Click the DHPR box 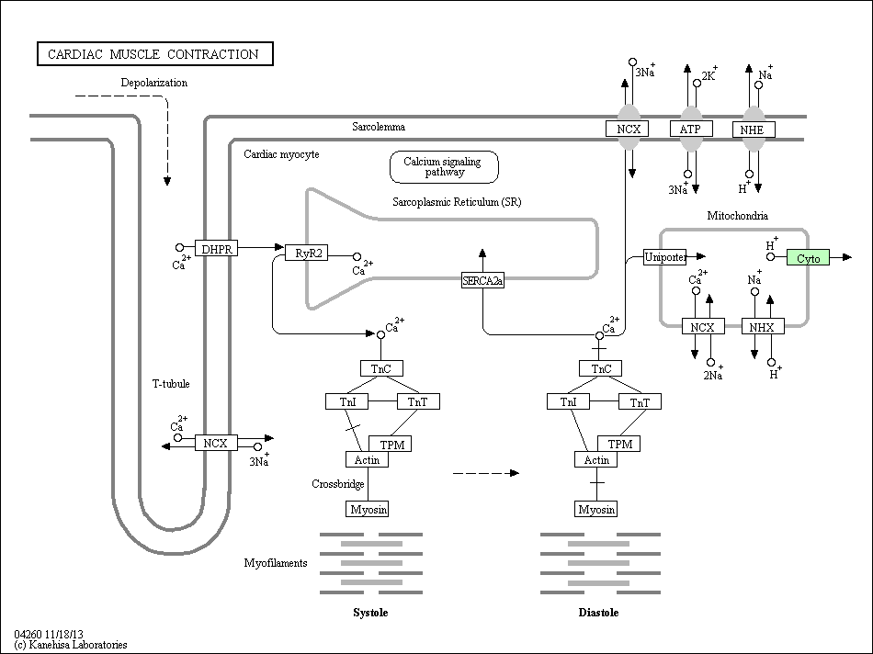click(x=217, y=248)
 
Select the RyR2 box click(x=307, y=253)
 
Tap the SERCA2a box click(x=482, y=280)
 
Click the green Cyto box click(x=808, y=257)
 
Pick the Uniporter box click(x=664, y=256)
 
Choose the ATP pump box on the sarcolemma click(x=691, y=129)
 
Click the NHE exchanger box click(x=754, y=130)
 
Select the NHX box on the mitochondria click(x=763, y=326)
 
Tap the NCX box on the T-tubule click(x=216, y=443)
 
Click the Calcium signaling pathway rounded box click(x=444, y=167)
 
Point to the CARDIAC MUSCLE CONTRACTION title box click(x=154, y=54)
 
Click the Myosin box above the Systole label click(x=367, y=509)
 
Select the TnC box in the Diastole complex click(x=600, y=368)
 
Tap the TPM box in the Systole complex click(x=391, y=444)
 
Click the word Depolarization click(x=154, y=83)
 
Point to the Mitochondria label click(x=737, y=216)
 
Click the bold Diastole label click(x=598, y=613)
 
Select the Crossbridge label click(x=338, y=484)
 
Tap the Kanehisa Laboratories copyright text click(x=71, y=645)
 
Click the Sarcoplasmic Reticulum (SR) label click(x=457, y=201)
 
